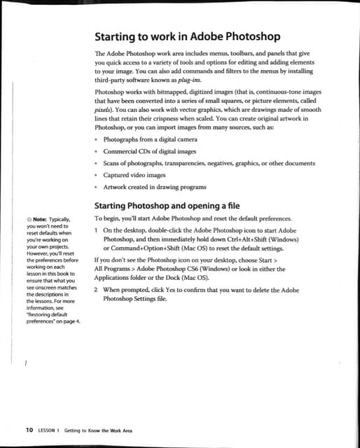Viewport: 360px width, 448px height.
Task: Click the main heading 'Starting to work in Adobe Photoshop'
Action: pyautogui.click(x=187, y=36)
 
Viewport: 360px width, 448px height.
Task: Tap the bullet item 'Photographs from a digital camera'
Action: pyautogui.click(x=150, y=139)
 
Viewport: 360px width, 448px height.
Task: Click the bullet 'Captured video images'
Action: pyautogui.click(x=134, y=175)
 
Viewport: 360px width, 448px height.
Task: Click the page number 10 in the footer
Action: pyautogui.click(x=29, y=430)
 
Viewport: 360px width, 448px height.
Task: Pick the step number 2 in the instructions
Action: pyautogui.click(x=96, y=288)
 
